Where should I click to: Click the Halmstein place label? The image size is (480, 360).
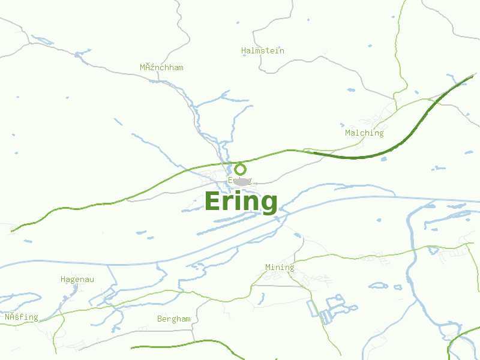click(263, 51)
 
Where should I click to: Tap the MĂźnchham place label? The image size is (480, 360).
click(161, 68)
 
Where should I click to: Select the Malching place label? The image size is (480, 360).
click(364, 133)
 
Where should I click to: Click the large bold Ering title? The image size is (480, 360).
click(241, 202)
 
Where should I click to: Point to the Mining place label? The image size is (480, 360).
click(280, 268)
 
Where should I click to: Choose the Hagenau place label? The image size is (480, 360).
click(77, 280)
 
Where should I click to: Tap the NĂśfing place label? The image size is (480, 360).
click(22, 317)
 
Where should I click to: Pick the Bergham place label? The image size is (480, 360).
click(174, 319)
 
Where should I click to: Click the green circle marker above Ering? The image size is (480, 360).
click(240, 169)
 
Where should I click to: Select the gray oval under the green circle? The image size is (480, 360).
click(239, 181)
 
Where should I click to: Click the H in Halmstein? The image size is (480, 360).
click(244, 51)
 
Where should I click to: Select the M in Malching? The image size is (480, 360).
click(348, 133)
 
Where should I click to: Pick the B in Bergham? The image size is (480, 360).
click(160, 319)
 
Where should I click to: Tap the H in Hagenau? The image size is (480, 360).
click(63, 280)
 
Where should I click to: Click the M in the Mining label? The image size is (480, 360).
click(268, 268)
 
